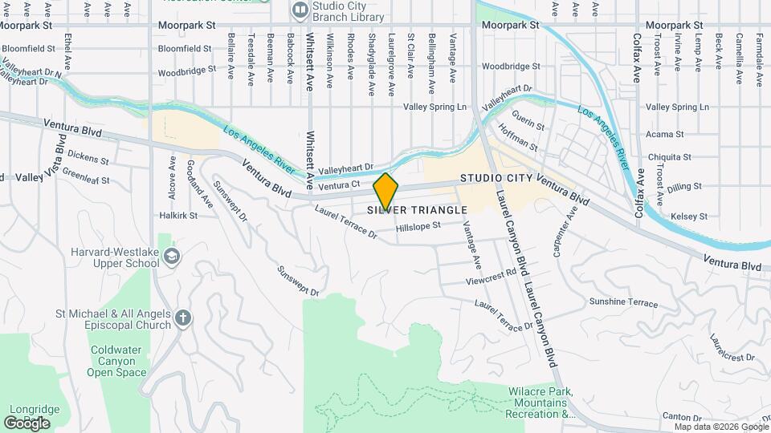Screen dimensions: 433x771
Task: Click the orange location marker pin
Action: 386,191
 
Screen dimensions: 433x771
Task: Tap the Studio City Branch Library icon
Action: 300,10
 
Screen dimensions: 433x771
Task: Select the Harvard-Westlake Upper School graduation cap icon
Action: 172,256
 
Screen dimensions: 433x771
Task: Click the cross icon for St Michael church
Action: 183,318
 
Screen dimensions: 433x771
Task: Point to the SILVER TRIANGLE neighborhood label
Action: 418,210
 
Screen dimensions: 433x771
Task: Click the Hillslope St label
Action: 418,226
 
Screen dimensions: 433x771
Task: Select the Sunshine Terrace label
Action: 623,302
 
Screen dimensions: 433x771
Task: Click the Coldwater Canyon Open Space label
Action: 117,361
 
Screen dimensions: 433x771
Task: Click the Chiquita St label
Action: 668,156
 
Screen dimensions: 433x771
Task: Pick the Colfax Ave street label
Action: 638,56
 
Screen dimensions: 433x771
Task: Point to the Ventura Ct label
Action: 337,186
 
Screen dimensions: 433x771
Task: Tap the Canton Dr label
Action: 682,417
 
